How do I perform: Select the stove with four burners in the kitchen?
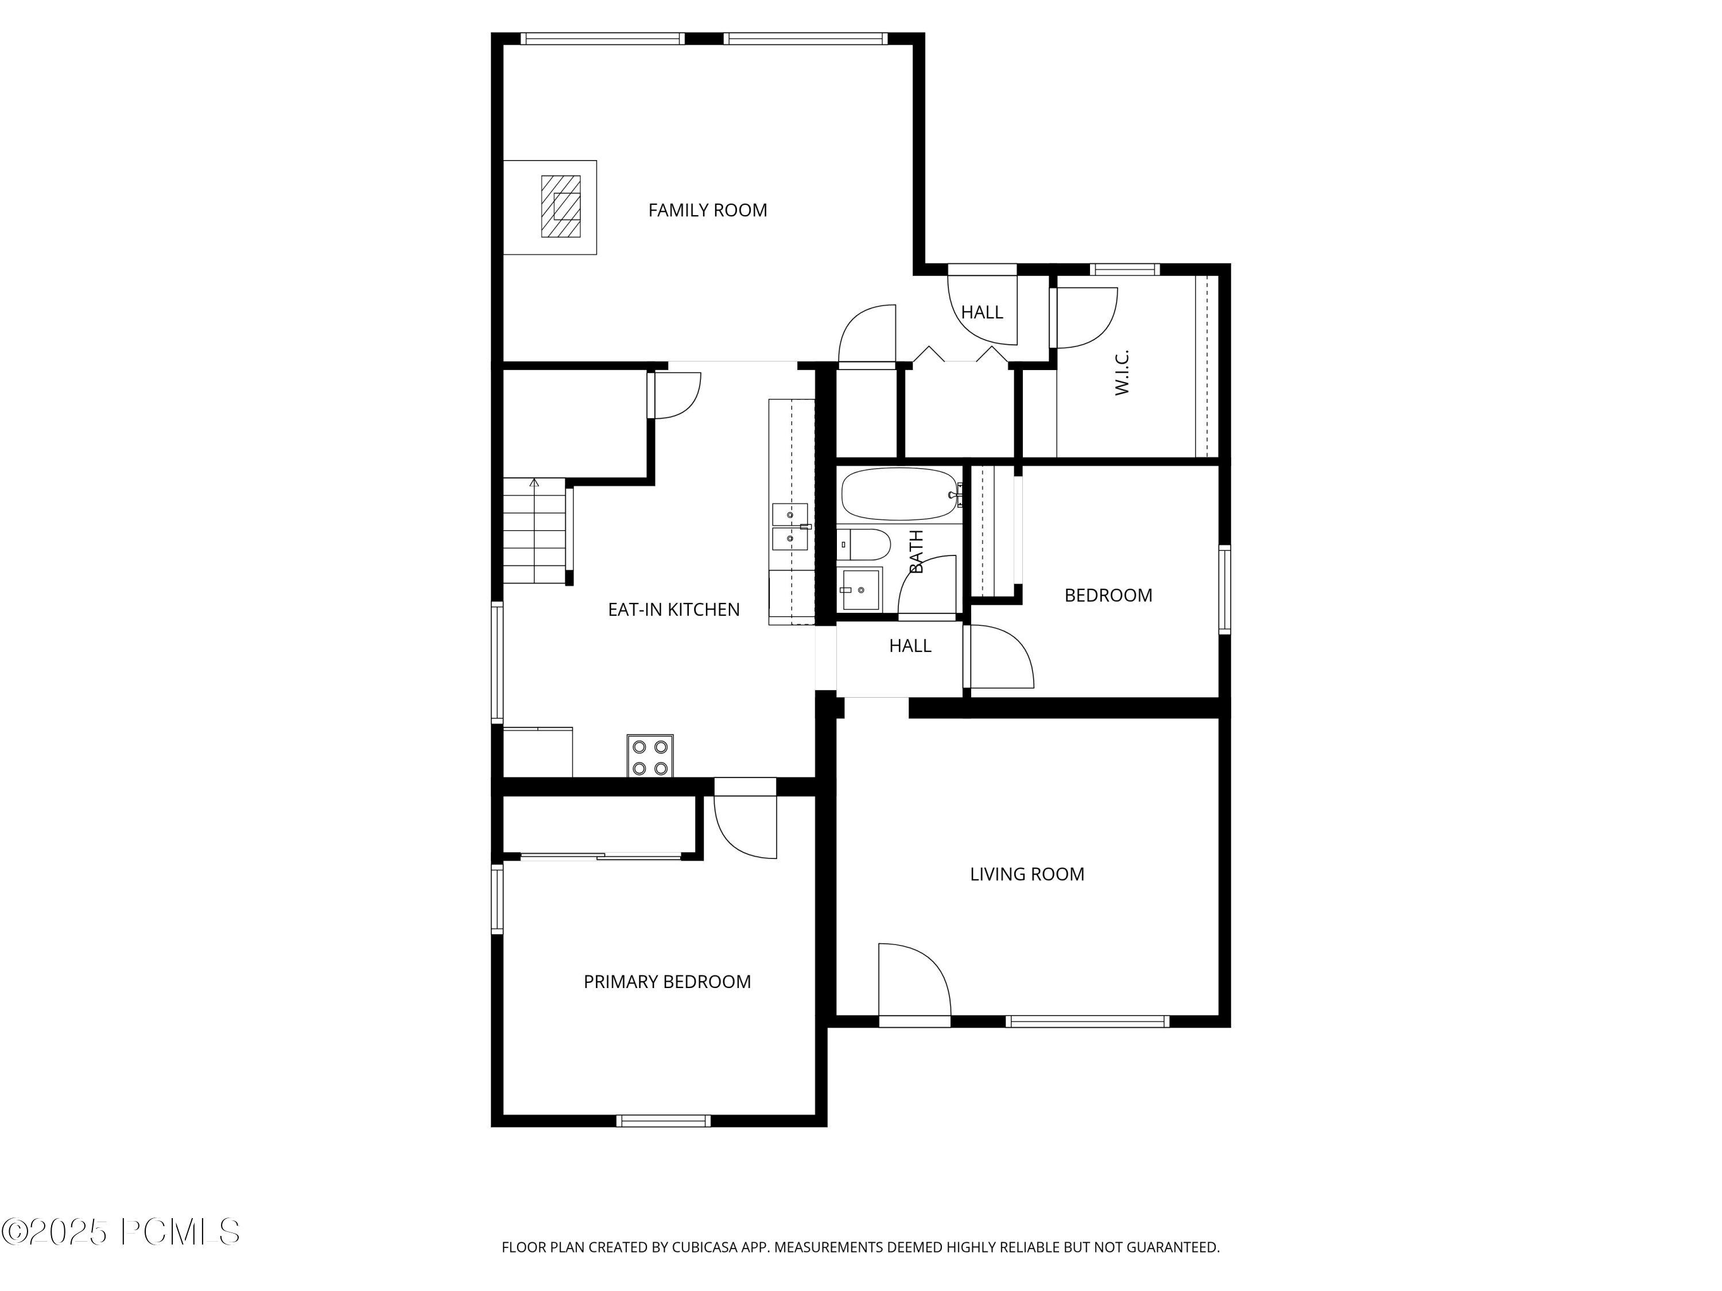click(650, 756)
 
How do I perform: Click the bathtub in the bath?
click(899, 494)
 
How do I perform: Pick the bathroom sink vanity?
click(860, 590)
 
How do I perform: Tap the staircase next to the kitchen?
click(534, 531)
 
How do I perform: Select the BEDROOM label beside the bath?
click(1108, 596)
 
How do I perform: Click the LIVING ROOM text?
click(1026, 874)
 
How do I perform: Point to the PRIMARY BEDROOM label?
click(667, 981)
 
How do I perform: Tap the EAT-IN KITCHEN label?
click(673, 609)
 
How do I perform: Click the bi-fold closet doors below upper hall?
click(960, 356)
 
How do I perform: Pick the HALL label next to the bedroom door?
click(909, 645)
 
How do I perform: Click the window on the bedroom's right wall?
click(1224, 589)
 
